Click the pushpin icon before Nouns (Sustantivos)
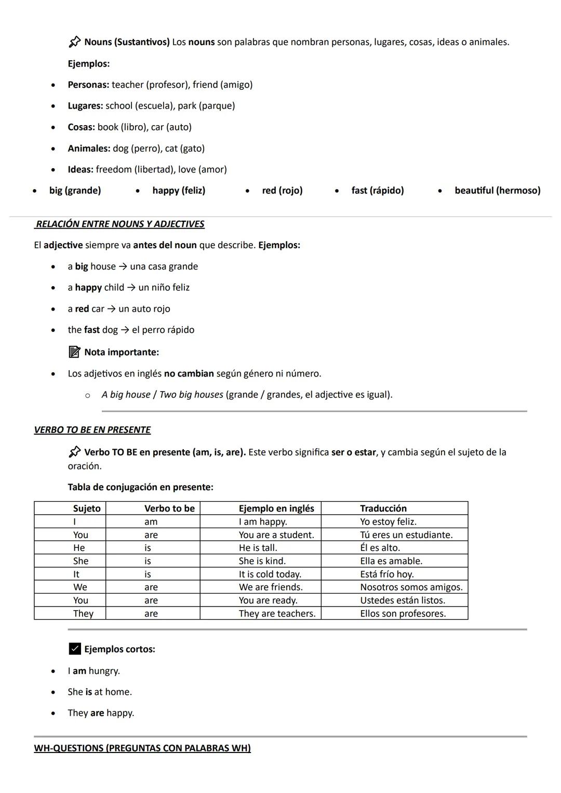coord(74,42)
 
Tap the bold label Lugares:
coord(85,106)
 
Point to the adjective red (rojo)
coord(282,191)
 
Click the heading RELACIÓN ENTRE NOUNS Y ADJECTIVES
coord(119,224)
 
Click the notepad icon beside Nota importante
coord(74,352)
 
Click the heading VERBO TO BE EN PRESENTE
coord(92,430)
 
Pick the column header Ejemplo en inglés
coord(276,508)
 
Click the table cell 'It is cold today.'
coord(270,574)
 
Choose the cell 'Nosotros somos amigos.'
coord(411,587)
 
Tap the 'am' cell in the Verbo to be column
coord(151,522)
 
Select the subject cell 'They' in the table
coord(83,614)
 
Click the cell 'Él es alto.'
coord(380,548)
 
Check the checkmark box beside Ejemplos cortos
coord(75,649)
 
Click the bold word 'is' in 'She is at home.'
coord(88,692)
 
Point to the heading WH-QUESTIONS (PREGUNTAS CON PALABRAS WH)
coord(142,748)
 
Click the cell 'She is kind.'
coord(262,561)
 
